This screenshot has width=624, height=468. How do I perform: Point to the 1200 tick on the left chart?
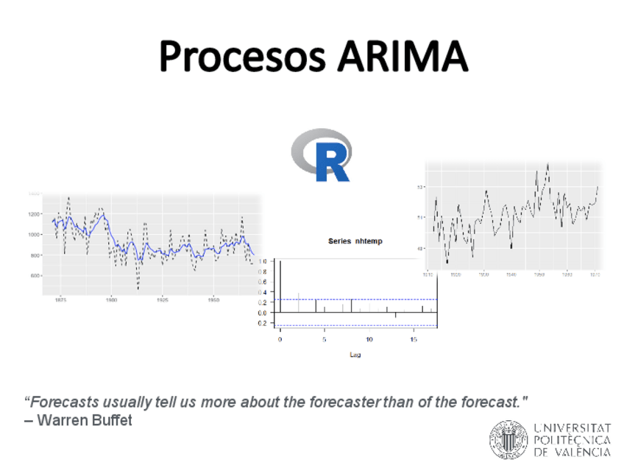pyautogui.click(x=34, y=214)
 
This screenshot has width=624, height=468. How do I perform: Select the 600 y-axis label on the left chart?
pyautogui.click(x=34, y=275)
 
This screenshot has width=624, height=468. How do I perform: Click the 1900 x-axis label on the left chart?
pyautogui.click(x=111, y=300)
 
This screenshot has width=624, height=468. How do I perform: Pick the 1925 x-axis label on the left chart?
pyautogui.click(x=162, y=300)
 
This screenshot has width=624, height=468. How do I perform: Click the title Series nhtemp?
pyautogui.click(x=355, y=241)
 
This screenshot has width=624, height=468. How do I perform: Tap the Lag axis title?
pyautogui.click(x=355, y=355)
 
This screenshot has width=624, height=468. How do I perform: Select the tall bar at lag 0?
pyautogui.click(x=280, y=287)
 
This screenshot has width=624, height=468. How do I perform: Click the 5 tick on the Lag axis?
pyautogui.click(x=325, y=339)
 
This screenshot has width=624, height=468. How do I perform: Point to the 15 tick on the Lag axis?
pyautogui.click(x=414, y=339)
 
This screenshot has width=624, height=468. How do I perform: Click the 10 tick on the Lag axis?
pyautogui.click(x=369, y=339)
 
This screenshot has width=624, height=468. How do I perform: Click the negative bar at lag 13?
pyautogui.click(x=396, y=315)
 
